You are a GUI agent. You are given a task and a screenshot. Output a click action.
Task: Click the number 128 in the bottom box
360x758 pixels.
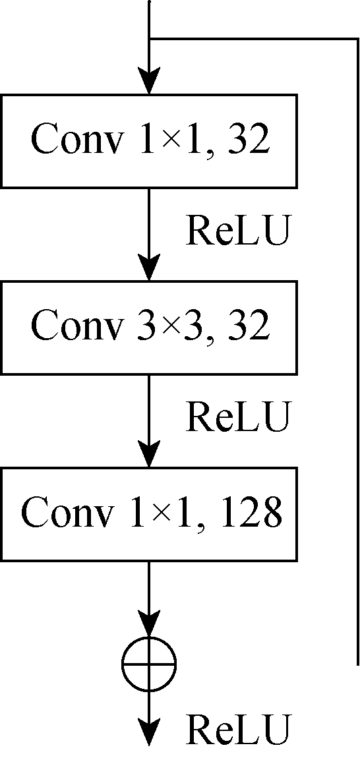click(254, 513)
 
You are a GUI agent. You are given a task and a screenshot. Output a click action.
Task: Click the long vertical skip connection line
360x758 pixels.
click(357, 351)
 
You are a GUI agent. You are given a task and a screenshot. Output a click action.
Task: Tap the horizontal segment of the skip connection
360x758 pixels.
click(254, 38)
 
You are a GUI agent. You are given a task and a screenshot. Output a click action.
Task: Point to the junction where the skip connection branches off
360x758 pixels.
click(149, 38)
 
